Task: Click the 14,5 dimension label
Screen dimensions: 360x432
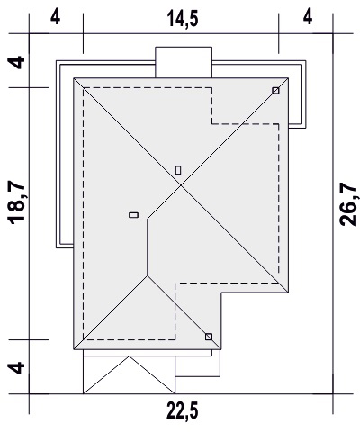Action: [183, 19]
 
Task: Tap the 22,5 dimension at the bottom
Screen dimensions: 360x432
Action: [183, 410]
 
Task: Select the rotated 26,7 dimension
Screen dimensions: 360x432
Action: [348, 204]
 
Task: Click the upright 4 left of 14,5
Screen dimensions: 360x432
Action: [56, 17]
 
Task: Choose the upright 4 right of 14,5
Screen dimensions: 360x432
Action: [308, 17]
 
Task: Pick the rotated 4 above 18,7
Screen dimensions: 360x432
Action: [16, 62]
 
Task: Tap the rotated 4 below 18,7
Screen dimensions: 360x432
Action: [16, 368]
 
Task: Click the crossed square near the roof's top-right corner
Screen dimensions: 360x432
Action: [275, 91]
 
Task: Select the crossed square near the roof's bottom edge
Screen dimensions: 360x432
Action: [209, 337]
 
